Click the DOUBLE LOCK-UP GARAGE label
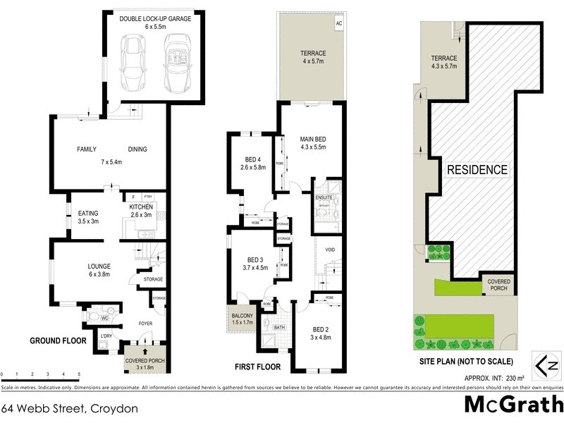(x=155, y=19)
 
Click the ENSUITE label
(x=324, y=198)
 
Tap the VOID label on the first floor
(x=330, y=250)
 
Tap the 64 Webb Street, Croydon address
(x=69, y=408)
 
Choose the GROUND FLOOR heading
(x=57, y=341)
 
